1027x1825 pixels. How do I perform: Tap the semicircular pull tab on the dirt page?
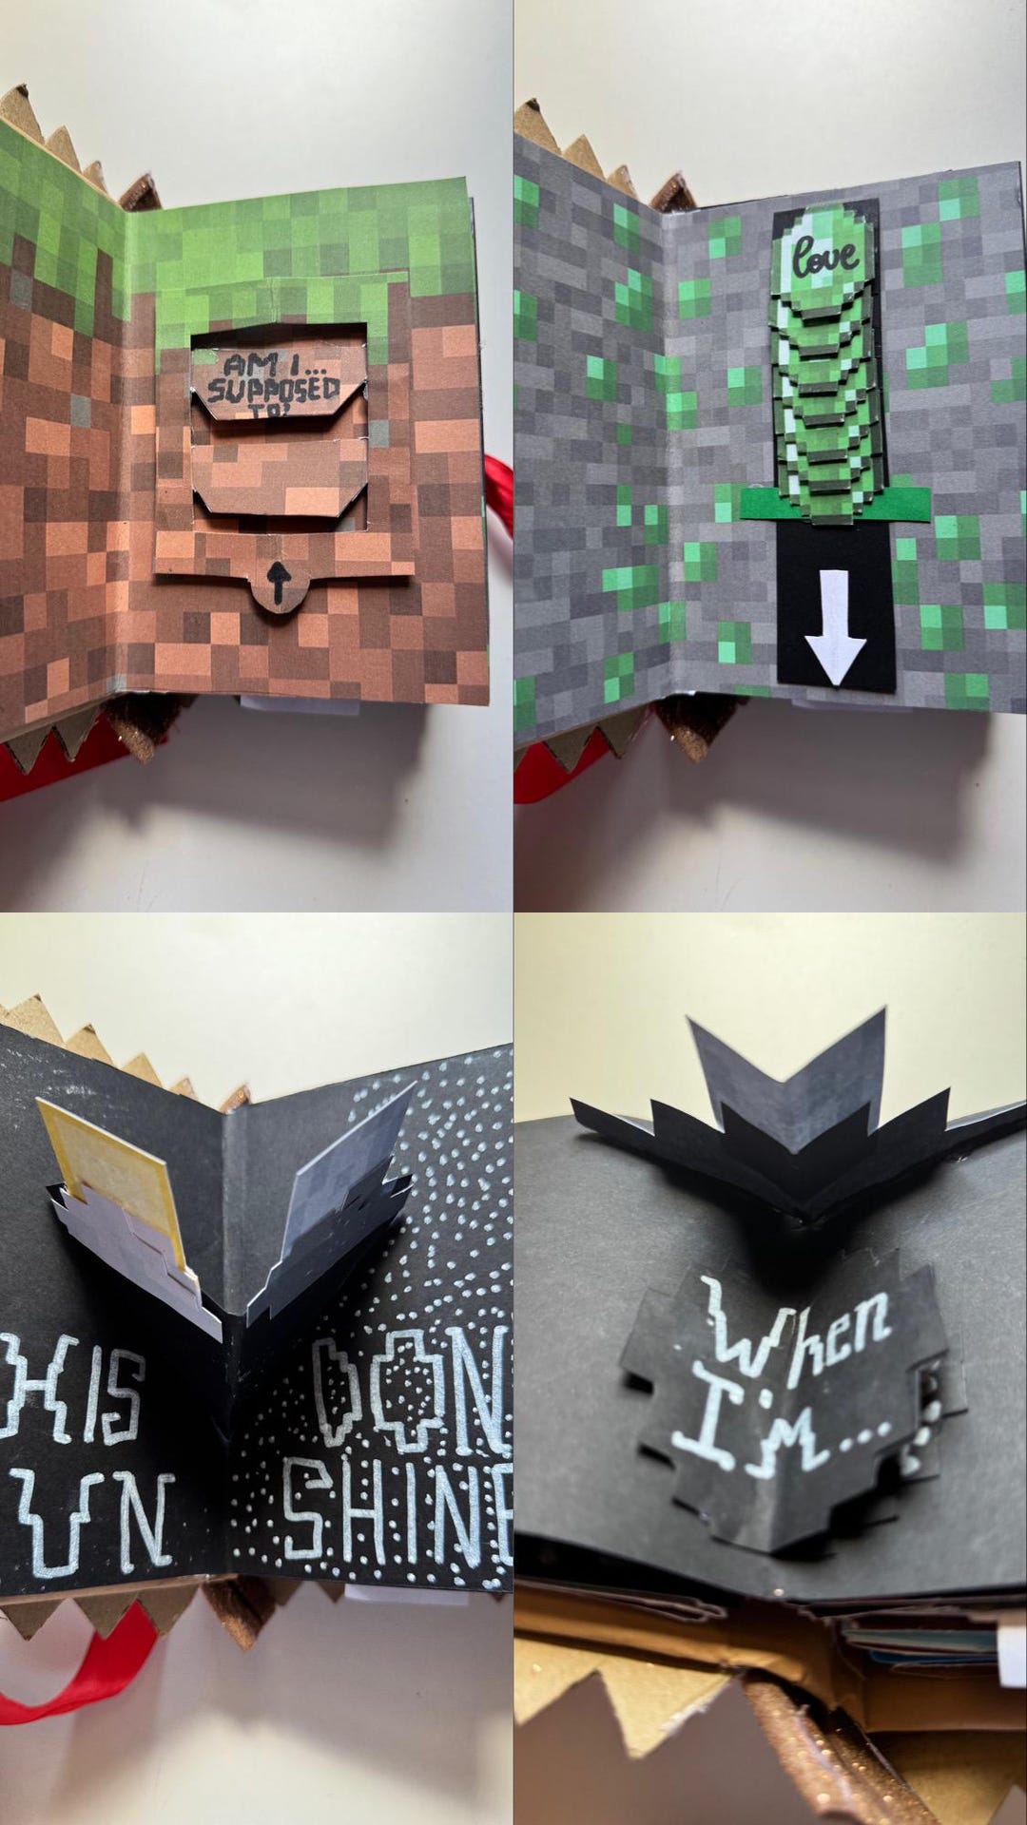278,582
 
